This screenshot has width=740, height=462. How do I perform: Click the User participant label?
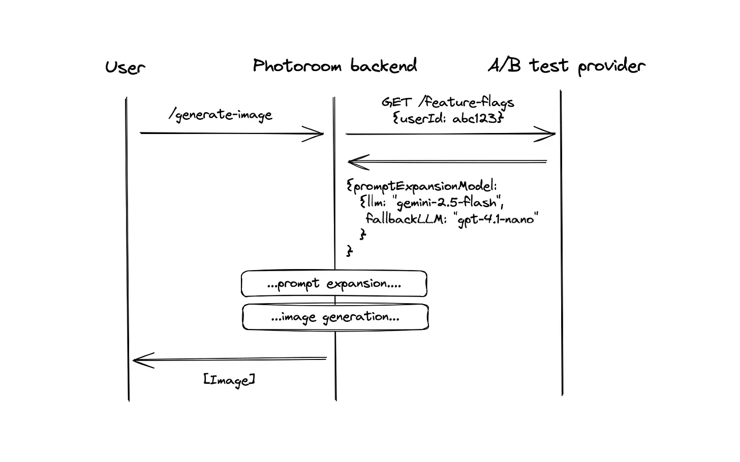[125, 67]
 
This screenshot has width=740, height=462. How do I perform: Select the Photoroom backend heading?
[334, 66]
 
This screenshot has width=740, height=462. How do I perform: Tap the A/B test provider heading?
[566, 66]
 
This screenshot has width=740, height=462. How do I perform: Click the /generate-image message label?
[221, 115]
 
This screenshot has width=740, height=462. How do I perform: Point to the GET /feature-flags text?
[447, 103]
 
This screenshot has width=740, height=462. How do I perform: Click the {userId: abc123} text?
[447, 119]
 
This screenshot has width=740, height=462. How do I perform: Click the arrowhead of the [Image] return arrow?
[139, 360]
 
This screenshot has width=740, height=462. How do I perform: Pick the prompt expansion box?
[334, 284]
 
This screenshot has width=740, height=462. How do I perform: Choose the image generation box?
[335, 317]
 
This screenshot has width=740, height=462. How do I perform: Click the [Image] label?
[229, 380]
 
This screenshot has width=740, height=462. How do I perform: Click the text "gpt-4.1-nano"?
[497, 220]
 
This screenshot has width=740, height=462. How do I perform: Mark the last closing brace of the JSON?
[350, 250]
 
